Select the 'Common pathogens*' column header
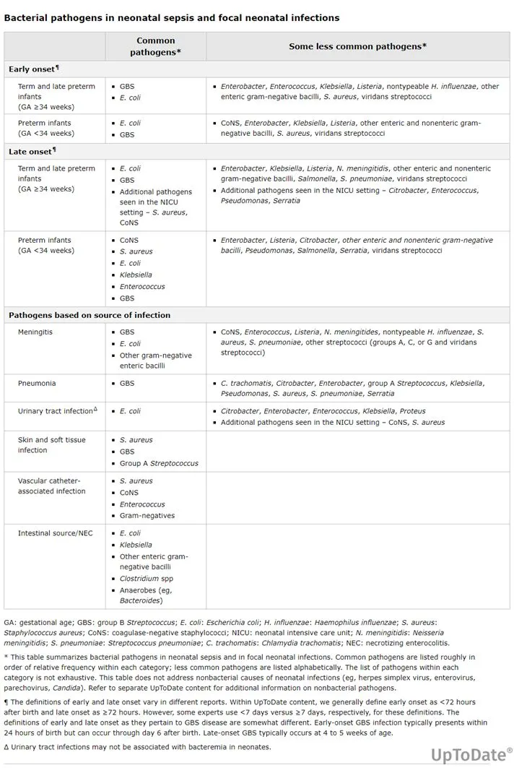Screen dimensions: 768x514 coord(155,46)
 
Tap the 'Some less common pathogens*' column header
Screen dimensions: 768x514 coord(357,46)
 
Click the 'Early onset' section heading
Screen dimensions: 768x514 coord(32,69)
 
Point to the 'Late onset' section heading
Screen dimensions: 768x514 coord(31,152)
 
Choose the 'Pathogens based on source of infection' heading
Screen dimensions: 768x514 coord(90,315)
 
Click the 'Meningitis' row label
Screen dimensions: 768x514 coord(35,332)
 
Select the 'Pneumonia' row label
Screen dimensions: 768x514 coord(37,383)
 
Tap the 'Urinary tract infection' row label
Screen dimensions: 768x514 coord(56,411)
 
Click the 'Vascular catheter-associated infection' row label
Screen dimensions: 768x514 coord(51,486)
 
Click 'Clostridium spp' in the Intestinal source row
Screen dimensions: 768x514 coord(147,579)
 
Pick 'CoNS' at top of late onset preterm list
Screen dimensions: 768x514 coord(128,240)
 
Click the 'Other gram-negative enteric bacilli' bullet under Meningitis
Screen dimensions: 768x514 coord(152,360)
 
